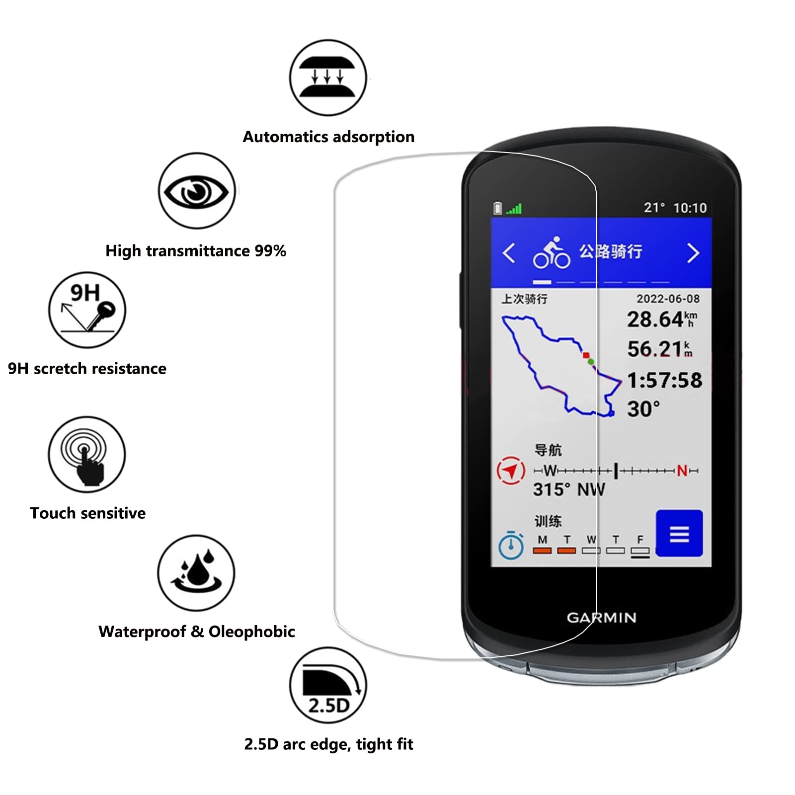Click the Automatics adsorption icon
(328, 78)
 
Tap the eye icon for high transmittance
(197, 191)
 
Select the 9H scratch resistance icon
(87, 310)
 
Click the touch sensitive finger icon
(87, 454)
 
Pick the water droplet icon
(196, 573)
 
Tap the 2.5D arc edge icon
(328, 685)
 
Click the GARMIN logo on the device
(601, 618)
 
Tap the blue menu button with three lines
(679, 533)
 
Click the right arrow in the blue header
(693, 253)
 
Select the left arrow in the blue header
(508, 253)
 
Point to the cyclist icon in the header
(552, 252)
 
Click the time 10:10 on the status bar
(690, 208)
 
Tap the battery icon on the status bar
(497, 208)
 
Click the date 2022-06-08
(668, 299)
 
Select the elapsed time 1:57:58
(664, 380)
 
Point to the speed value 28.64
(655, 319)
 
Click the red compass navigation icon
(511, 470)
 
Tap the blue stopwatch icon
(511, 546)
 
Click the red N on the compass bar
(682, 471)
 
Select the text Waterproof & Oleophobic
(197, 632)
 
